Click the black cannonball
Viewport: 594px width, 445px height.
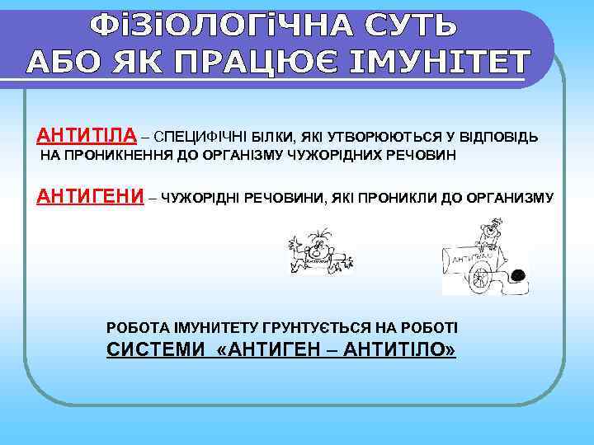(x=520, y=276)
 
